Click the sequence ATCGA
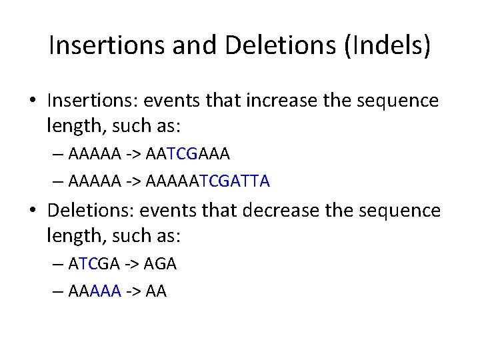94,264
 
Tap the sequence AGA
160,264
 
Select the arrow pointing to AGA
132,264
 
